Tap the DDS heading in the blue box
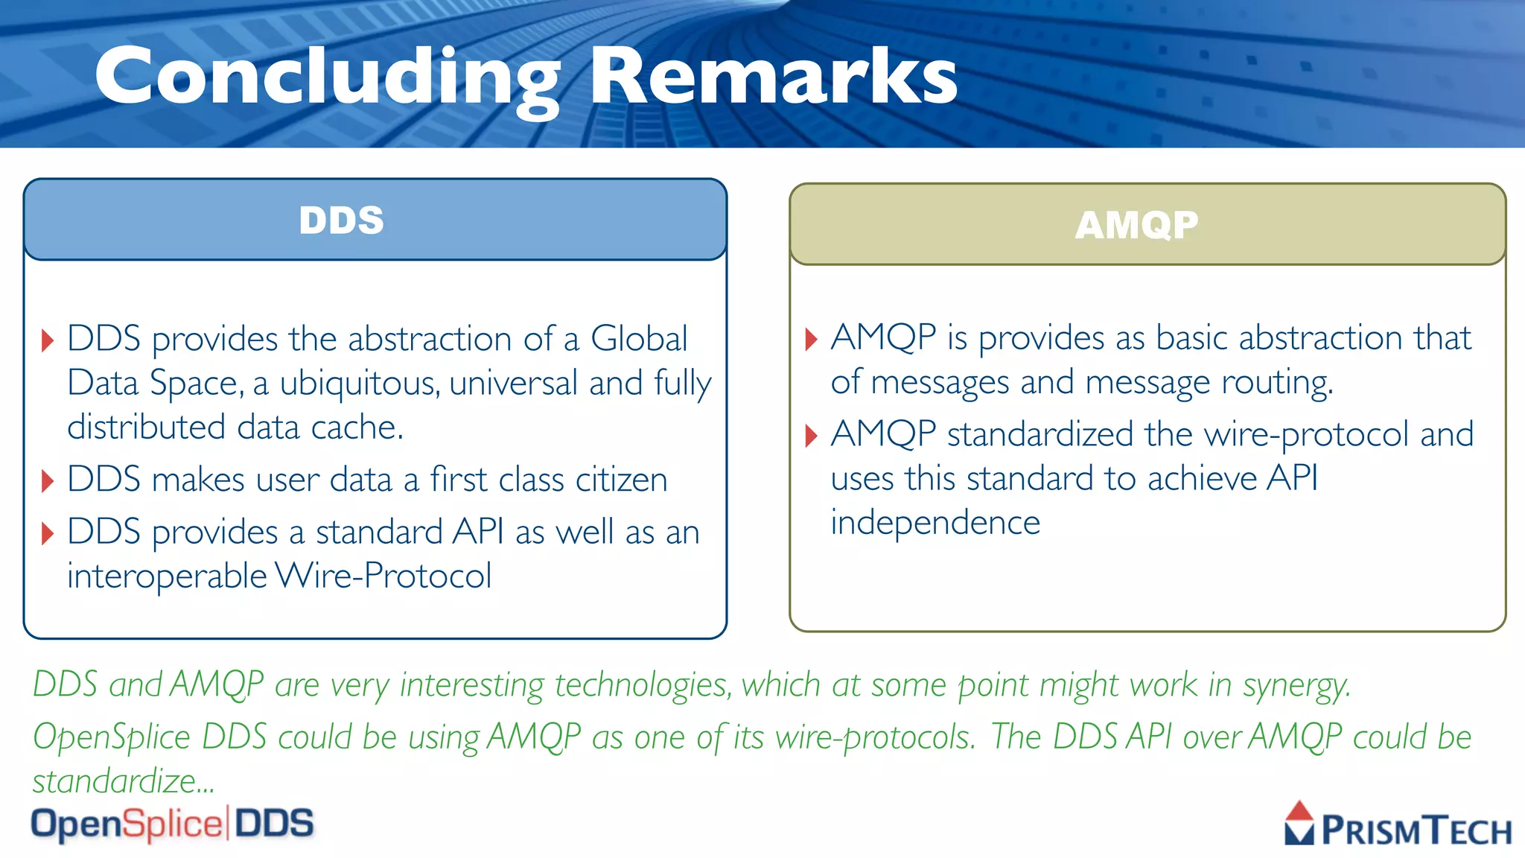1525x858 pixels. point(341,220)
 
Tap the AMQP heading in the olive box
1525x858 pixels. point(1136,225)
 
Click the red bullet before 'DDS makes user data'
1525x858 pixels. point(48,481)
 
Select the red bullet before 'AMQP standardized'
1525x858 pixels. point(812,436)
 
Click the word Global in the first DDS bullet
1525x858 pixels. point(638,339)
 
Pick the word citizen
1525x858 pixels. point(620,480)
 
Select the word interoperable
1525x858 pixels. point(167,576)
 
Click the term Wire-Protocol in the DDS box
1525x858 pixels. point(383,576)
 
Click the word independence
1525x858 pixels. point(935,523)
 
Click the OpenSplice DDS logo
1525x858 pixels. point(172,824)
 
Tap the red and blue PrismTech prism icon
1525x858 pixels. point(1299,823)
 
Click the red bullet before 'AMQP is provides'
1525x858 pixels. point(812,340)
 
